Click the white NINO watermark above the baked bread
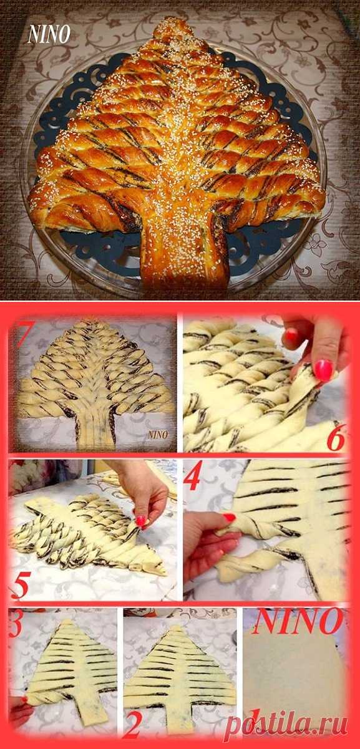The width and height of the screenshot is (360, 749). (49, 34)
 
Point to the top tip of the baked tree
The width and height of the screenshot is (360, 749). (174, 21)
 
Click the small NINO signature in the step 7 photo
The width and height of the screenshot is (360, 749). (158, 434)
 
